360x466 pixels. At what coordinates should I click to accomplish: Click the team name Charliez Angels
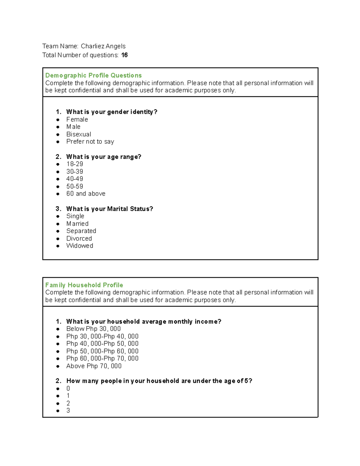click(103, 46)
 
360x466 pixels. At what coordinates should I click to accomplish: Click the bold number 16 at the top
click(124, 55)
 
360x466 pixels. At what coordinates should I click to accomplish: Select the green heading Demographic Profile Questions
click(93, 75)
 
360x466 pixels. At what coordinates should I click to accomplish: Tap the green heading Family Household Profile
click(84, 285)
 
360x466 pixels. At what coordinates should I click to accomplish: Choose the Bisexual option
click(79, 134)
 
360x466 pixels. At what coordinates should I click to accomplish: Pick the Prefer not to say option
click(90, 142)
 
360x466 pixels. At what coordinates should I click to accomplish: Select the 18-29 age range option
click(75, 164)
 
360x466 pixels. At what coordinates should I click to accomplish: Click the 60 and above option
click(86, 194)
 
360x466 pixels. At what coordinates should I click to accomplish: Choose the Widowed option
click(79, 246)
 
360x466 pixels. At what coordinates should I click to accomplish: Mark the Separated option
click(81, 231)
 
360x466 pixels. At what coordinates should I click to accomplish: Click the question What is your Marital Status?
click(109, 209)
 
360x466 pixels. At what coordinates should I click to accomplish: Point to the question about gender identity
click(112, 112)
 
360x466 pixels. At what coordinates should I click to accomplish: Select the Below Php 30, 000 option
click(93, 329)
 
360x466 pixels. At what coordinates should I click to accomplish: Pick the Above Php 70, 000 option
click(94, 366)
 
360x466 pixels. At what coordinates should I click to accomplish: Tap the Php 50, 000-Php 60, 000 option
click(102, 351)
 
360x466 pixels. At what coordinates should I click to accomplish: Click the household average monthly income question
click(144, 322)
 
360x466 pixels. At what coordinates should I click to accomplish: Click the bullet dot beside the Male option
click(58, 127)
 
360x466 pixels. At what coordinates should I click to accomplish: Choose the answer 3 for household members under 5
click(68, 410)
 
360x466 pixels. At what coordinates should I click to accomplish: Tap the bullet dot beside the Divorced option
click(58, 239)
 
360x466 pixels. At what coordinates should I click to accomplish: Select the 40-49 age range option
click(75, 179)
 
